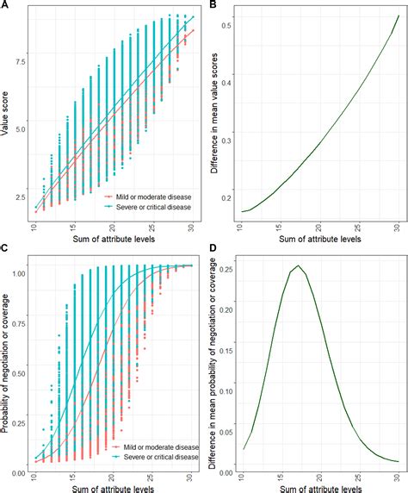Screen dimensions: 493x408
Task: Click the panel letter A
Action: pos(5,5)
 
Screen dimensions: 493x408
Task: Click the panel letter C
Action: pos(5,252)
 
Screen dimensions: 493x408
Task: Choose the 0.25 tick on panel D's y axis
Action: pos(231,269)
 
